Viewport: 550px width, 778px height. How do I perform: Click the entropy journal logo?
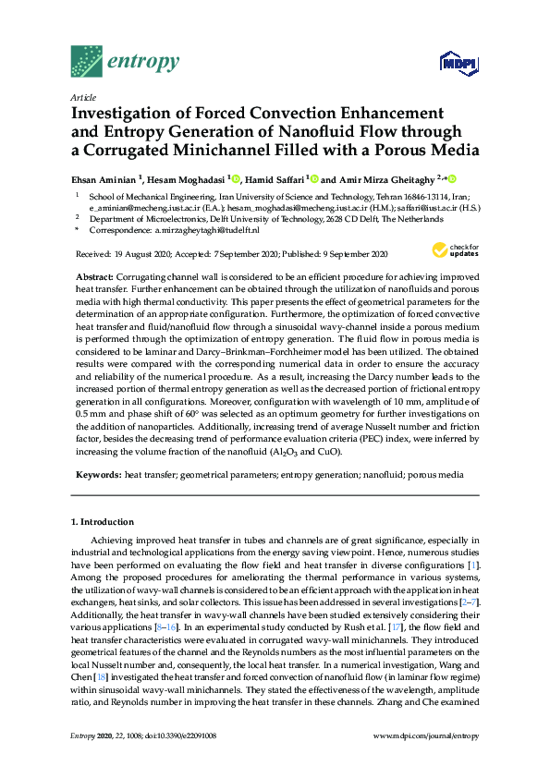tap(125, 61)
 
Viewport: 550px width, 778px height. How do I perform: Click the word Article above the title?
tap(83, 96)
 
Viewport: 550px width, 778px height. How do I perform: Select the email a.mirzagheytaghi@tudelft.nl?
tap(207, 230)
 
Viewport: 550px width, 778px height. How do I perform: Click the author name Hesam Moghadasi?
tap(190, 179)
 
